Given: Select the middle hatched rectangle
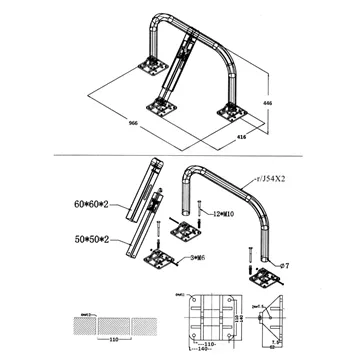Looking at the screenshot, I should click(x=109, y=325).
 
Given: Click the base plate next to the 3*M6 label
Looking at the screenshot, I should click(x=158, y=263).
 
